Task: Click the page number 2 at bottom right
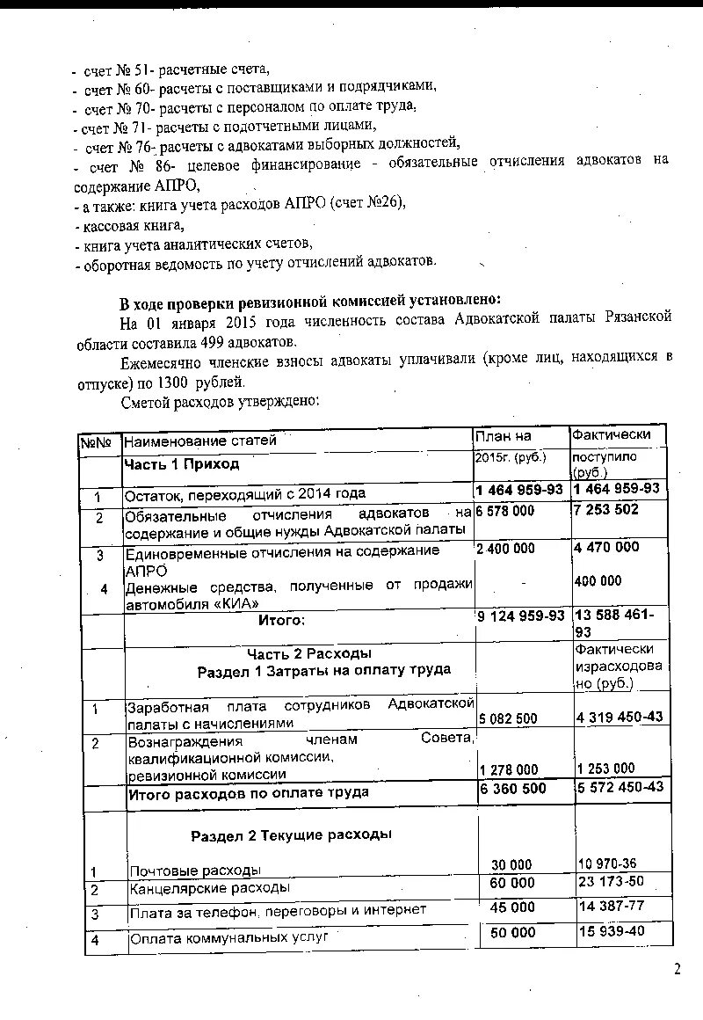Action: [677, 969]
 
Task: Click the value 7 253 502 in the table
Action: [605, 510]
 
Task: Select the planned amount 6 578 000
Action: [505, 511]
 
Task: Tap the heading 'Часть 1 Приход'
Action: [181, 463]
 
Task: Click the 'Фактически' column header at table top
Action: [611, 434]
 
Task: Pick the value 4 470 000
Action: [606, 547]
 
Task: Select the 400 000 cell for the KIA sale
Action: [598, 580]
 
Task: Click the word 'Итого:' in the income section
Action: [281, 621]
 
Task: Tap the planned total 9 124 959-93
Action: [520, 616]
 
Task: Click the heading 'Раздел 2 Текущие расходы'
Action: [291, 834]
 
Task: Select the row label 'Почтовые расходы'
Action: [195, 871]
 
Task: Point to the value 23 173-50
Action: [611, 881]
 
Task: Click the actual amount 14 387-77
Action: [611, 905]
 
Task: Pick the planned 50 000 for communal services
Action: [512, 932]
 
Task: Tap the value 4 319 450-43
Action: [620, 717]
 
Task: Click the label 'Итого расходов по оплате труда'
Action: [248, 792]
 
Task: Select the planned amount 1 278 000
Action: [509, 769]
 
